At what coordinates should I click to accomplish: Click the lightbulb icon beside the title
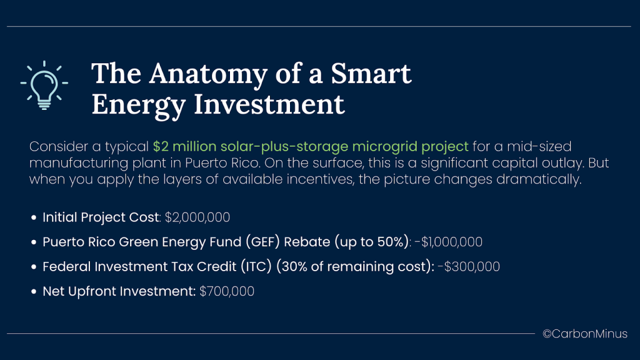click(x=44, y=85)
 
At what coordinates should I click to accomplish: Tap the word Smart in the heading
click(x=371, y=74)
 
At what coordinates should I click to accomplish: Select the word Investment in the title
click(x=269, y=104)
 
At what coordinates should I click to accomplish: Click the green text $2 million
click(x=184, y=146)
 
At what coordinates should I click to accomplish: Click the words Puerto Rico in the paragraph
click(x=222, y=163)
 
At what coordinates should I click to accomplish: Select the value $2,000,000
click(x=197, y=217)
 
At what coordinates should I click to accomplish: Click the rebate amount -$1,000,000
click(x=448, y=242)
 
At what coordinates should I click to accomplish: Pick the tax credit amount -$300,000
click(x=469, y=267)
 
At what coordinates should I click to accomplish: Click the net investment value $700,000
click(x=226, y=291)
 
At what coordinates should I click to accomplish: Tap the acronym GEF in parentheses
click(x=265, y=242)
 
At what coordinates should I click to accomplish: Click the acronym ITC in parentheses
click(x=256, y=267)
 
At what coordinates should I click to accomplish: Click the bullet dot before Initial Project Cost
click(x=34, y=217)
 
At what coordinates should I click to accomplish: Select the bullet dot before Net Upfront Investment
click(x=34, y=291)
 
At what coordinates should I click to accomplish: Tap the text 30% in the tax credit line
click(x=294, y=267)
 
